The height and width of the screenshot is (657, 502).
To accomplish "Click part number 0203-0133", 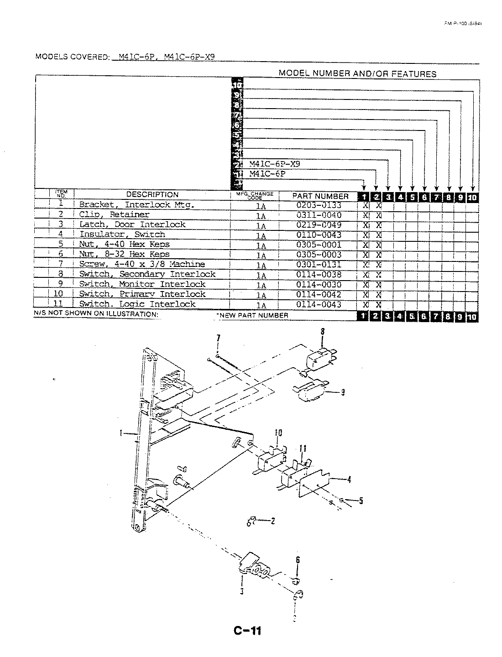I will tap(319, 205).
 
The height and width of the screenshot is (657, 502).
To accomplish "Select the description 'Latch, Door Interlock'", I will tap(132, 224).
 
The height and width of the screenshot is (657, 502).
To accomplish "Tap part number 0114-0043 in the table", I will tap(319, 304).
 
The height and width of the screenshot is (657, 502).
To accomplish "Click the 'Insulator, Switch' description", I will tap(122, 235).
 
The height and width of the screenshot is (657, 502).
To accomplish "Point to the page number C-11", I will tap(247, 631).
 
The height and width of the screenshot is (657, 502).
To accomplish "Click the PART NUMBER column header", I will tap(320, 196).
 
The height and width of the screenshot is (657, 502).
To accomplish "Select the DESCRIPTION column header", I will tap(152, 195).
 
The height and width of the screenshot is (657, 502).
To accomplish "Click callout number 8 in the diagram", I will tap(323, 333).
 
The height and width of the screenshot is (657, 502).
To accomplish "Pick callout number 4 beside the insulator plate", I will tap(349, 479).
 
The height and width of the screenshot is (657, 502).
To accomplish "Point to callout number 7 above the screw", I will tap(218, 338).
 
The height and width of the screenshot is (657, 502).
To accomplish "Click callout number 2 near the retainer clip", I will tap(272, 521).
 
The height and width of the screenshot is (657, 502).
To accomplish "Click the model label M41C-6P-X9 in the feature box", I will tap(275, 164).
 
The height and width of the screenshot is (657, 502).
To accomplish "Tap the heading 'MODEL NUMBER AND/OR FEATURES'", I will tap(357, 74).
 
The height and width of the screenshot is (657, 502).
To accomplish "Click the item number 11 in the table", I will tap(61, 304).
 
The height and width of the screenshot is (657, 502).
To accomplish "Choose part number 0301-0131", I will tap(319, 265).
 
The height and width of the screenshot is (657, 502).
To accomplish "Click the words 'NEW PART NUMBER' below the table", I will tap(254, 315).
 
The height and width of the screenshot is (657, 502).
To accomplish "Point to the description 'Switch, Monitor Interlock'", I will tap(142, 284).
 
